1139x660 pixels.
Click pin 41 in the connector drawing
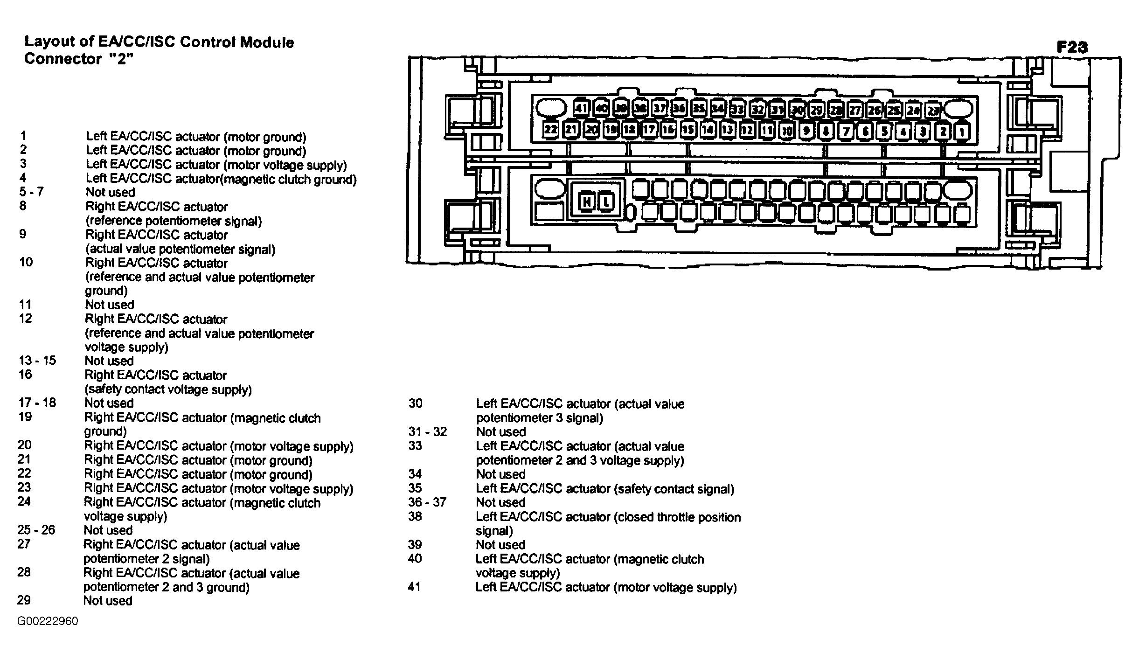pyautogui.click(x=581, y=109)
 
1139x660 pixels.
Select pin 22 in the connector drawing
pyautogui.click(x=551, y=129)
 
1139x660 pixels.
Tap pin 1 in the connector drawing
pyautogui.click(x=962, y=131)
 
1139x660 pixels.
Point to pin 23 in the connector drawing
pyautogui.click(x=933, y=111)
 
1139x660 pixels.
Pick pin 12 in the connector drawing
pyautogui.click(x=747, y=130)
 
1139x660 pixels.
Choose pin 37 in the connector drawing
pyautogui.click(x=660, y=109)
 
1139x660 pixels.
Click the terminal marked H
pyautogui.click(x=586, y=201)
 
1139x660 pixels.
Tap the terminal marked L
pyautogui.click(x=606, y=201)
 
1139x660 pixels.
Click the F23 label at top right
pyautogui.click(x=1072, y=47)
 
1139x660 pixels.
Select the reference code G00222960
pyautogui.click(x=48, y=621)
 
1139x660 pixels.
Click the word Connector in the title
pyautogui.click(x=63, y=59)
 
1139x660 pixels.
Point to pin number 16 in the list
pyautogui.click(x=25, y=374)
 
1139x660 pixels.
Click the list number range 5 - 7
pyautogui.click(x=31, y=192)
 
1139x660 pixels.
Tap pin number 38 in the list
pyautogui.click(x=415, y=516)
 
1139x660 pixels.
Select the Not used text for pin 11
pyautogui.click(x=109, y=305)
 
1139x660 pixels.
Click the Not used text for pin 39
pyautogui.click(x=500, y=544)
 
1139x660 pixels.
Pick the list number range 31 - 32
pyautogui.click(x=427, y=431)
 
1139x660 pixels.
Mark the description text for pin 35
pyautogui.click(x=605, y=488)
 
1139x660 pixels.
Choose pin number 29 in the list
pyautogui.click(x=24, y=600)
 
